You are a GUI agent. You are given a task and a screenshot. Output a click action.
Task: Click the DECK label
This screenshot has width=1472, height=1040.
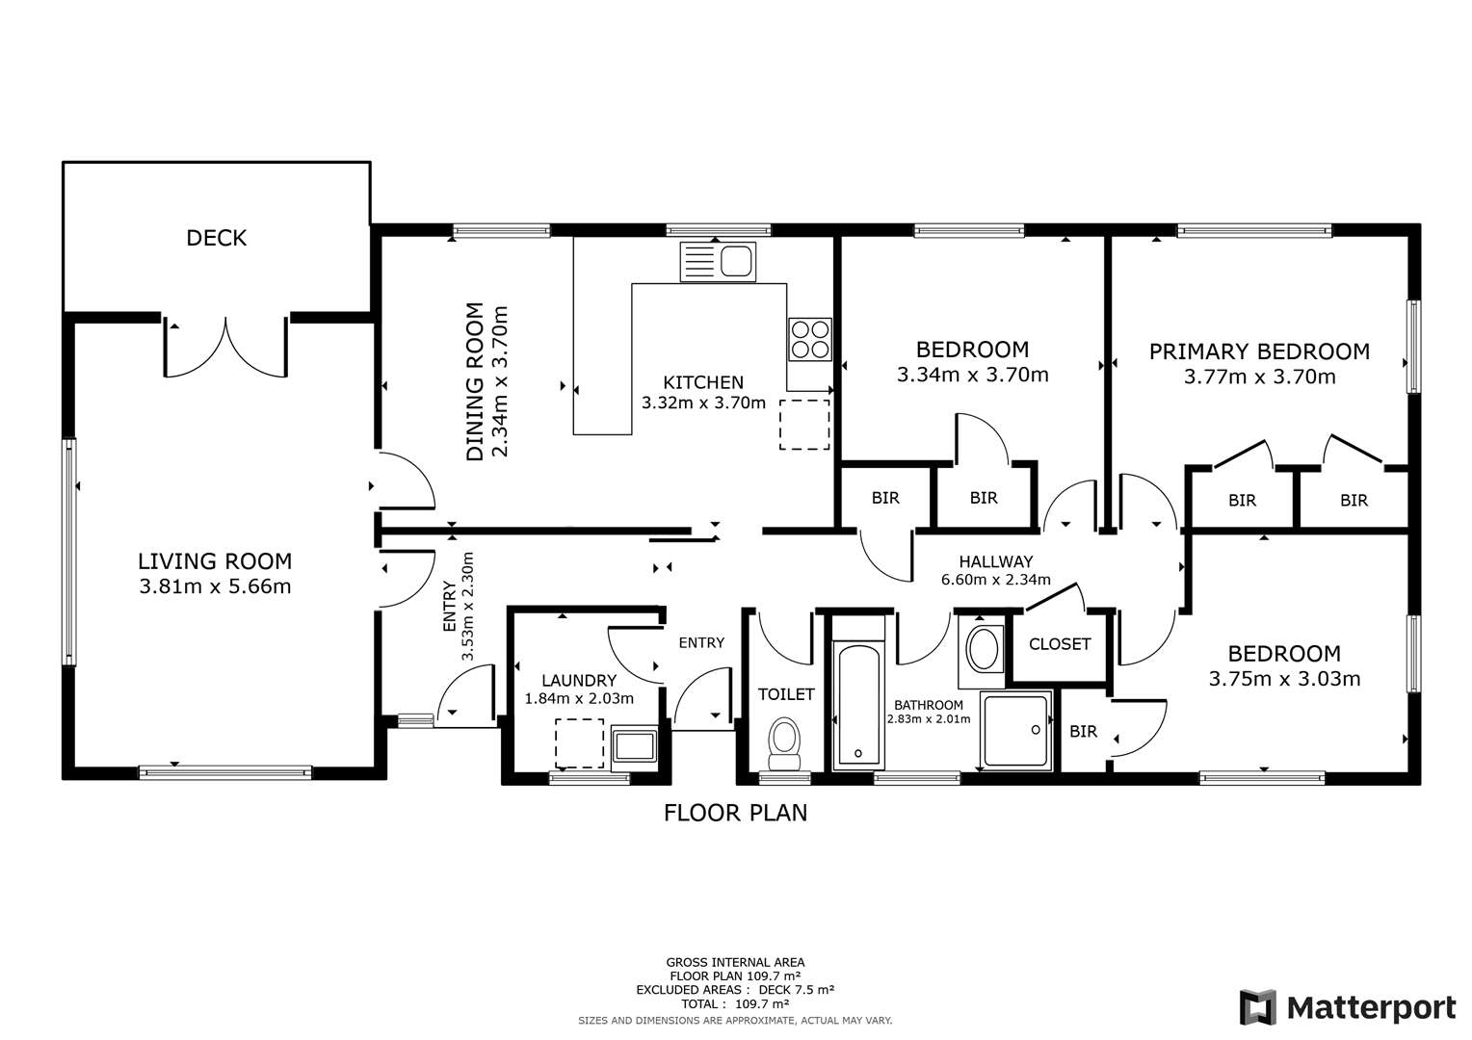[x=217, y=238]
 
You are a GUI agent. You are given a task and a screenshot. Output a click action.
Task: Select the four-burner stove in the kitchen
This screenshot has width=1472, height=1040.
[x=810, y=339]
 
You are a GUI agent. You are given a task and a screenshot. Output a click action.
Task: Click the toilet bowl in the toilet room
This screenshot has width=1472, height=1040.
[x=785, y=743]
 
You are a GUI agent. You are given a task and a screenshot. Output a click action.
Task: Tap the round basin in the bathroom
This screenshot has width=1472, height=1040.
[x=984, y=650]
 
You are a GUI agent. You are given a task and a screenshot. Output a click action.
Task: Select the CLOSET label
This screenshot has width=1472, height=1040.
[x=1060, y=644]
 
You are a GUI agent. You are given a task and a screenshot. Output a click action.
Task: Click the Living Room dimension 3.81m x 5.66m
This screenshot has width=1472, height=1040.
[x=215, y=585]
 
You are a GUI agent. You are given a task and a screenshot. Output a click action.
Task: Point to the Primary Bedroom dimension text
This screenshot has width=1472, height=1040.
[x=1259, y=377]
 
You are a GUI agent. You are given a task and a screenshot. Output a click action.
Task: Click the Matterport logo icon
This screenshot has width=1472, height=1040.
[x=1258, y=1007]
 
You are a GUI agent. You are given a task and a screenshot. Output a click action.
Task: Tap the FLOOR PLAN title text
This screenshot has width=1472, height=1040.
[x=735, y=813]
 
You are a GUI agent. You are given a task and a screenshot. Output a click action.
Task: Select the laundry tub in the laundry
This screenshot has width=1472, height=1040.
[x=635, y=746]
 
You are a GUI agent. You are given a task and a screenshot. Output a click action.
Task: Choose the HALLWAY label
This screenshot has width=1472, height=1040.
[x=995, y=561]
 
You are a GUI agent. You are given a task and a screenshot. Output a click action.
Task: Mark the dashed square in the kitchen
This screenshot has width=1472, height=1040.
[x=803, y=425]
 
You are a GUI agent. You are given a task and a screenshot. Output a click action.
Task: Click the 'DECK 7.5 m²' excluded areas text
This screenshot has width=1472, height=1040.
[x=796, y=990]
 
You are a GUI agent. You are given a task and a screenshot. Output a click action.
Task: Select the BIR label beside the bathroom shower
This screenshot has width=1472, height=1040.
[x=1083, y=732]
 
